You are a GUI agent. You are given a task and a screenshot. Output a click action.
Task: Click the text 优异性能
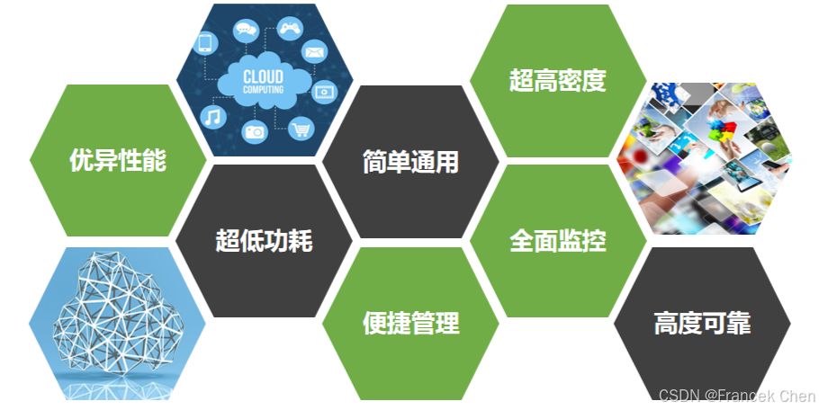(118, 160)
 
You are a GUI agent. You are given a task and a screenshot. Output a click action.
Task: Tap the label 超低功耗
(265, 240)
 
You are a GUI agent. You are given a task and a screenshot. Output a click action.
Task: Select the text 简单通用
(410, 162)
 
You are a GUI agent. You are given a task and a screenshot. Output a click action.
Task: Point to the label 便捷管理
(410, 323)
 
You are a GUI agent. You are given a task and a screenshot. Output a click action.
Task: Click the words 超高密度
(557, 81)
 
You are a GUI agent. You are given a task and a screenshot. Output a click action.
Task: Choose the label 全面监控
(557, 240)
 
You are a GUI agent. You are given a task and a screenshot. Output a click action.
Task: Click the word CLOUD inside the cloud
(264, 76)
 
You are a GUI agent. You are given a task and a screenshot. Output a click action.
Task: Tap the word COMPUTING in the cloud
(264, 90)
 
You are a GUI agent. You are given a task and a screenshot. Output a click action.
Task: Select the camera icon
(255, 131)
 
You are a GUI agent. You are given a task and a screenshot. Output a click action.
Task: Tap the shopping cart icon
(301, 129)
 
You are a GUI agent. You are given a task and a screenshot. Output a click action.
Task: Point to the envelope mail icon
(314, 51)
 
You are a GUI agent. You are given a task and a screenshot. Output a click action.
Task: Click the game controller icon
(289, 29)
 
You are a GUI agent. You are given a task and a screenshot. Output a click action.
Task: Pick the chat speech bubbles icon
(246, 30)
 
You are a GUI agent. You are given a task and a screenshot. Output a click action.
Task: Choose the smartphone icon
(205, 42)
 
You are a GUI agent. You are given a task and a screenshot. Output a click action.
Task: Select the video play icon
(324, 90)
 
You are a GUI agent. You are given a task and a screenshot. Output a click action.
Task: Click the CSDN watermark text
(736, 396)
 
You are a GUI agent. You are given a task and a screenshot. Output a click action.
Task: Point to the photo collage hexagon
(704, 160)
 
